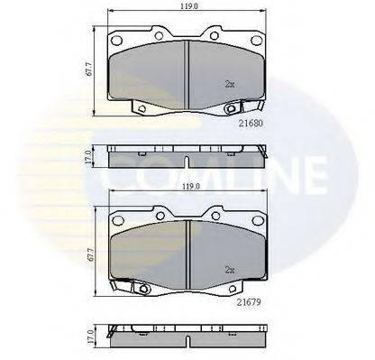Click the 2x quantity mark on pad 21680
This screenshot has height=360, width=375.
tap(229, 84)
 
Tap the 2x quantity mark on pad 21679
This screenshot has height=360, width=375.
tap(229, 269)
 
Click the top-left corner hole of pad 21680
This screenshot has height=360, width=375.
tap(117, 42)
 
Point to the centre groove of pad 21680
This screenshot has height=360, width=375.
tap(185, 71)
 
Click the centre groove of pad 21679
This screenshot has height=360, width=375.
tap(185, 251)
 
